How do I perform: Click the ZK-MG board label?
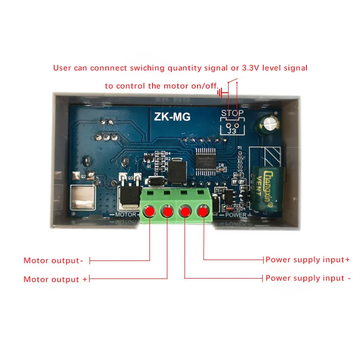pos(172,117)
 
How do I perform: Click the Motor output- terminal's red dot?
pos(149,211)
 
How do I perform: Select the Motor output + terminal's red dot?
pos(167,211)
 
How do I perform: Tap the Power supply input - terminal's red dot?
pos(185,211)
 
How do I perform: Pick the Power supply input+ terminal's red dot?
pos(203,211)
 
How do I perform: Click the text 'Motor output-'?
pos(53,261)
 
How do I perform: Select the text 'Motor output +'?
pos(55,279)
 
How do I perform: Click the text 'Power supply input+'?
pos(307,260)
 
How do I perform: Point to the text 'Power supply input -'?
pos(308,278)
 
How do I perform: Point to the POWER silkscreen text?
pos(235,215)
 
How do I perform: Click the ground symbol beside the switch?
pos(220,93)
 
